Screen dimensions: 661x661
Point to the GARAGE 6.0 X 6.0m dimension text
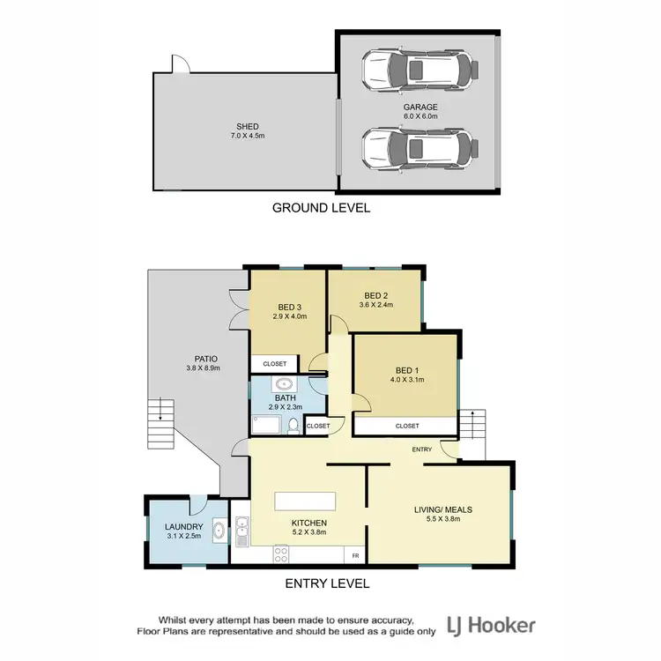coord(420,115)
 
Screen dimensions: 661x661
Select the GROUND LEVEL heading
coord(321,208)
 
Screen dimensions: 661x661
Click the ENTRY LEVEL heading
coord(326,583)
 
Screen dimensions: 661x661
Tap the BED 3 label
coord(289,307)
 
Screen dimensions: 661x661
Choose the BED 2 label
coord(376,295)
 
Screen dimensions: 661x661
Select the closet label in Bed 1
coord(406,426)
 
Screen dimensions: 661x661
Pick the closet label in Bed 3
coord(274,363)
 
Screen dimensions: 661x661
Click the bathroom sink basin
coord(285,385)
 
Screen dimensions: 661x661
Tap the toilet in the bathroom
coord(293,425)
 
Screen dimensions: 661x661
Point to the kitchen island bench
coord(305,501)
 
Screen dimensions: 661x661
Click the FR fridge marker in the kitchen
coord(355,555)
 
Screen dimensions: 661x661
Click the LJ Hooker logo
coord(493,626)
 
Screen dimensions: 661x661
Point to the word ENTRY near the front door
coord(421,449)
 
